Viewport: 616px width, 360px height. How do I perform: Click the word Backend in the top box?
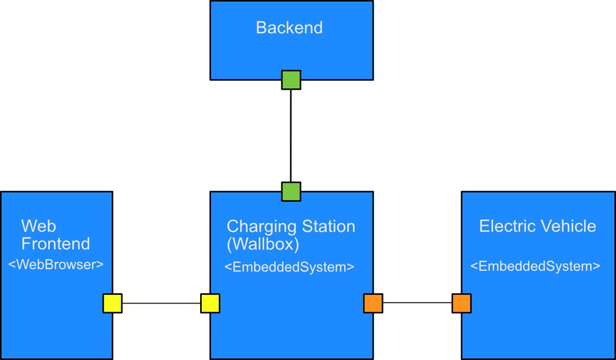(x=289, y=28)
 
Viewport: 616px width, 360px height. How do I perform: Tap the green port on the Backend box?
(x=291, y=80)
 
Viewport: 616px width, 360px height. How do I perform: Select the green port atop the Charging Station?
(x=291, y=192)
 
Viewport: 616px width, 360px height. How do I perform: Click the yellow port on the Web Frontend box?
(x=112, y=303)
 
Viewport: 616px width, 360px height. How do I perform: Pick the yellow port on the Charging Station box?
(x=210, y=303)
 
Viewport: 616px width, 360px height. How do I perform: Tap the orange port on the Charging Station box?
(x=373, y=303)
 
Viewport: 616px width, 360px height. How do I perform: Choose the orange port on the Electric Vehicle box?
(x=461, y=303)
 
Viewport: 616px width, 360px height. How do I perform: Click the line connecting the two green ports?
(x=291, y=136)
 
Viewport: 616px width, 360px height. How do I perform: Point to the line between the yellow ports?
(x=161, y=303)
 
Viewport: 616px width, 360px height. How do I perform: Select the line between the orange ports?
(x=417, y=303)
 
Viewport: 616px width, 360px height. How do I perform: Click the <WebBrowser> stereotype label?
(x=56, y=264)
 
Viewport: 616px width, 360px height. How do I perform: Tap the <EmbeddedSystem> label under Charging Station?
(x=290, y=267)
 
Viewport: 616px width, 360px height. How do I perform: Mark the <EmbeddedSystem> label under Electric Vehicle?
(x=535, y=267)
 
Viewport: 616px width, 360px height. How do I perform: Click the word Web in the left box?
(x=39, y=226)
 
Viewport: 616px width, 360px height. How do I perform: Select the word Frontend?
(x=55, y=243)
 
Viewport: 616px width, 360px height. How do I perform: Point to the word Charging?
(x=255, y=226)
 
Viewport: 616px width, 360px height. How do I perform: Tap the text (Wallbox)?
(x=262, y=244)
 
